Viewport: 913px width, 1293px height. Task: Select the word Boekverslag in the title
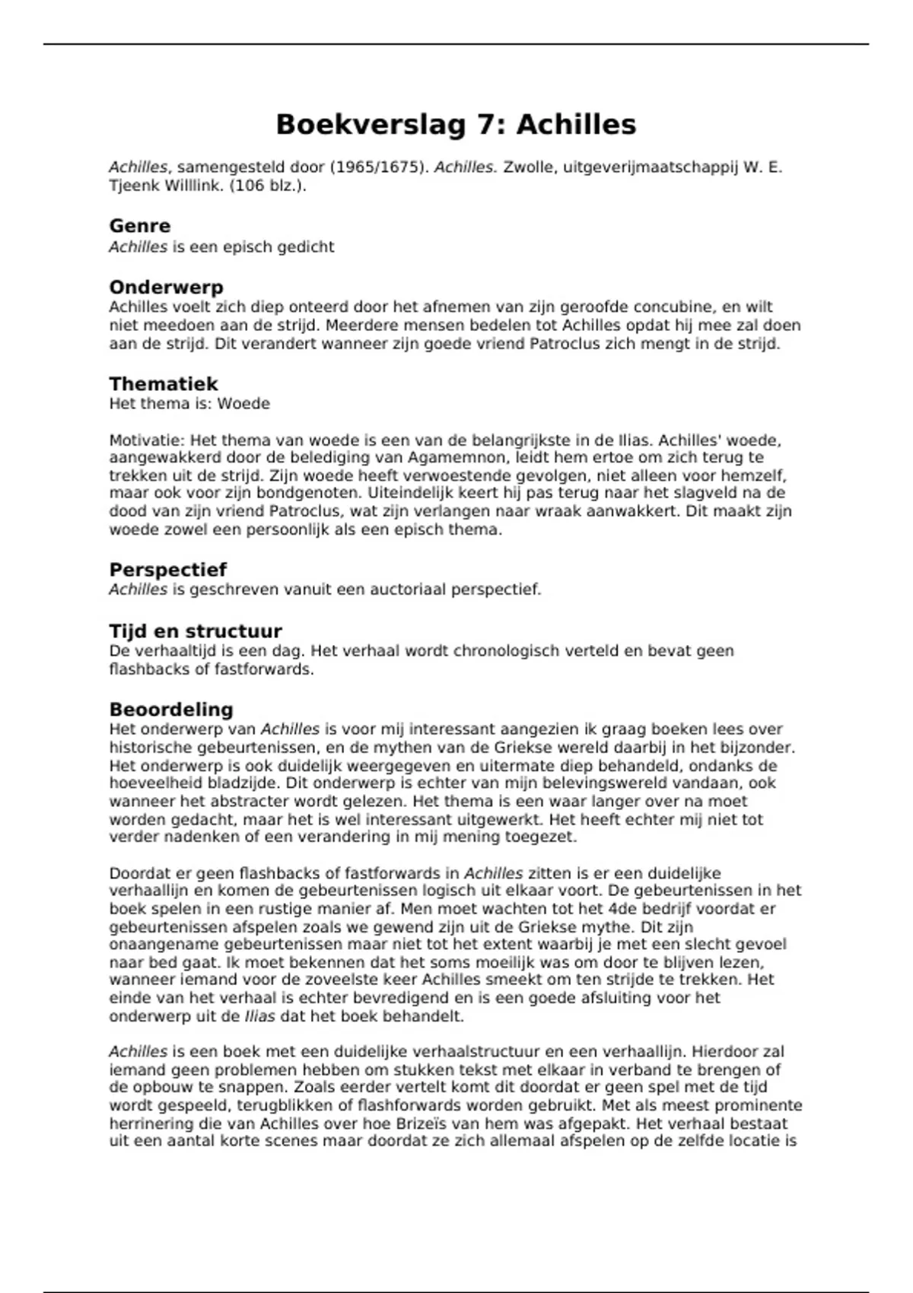coord(371,125)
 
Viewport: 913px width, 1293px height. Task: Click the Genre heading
coord(140,226)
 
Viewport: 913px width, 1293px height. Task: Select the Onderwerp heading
coord(167,288)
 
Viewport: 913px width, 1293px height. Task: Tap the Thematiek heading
coord(164,383)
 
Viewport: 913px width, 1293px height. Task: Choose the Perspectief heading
coord(168,570)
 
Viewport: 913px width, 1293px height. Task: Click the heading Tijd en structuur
coord(196,631)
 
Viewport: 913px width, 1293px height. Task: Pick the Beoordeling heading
coord(171,710)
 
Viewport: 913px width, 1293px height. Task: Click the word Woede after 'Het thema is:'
coord(243,404)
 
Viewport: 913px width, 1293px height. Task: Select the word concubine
coord(676,307)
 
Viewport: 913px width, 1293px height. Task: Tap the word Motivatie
coord(146,440)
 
